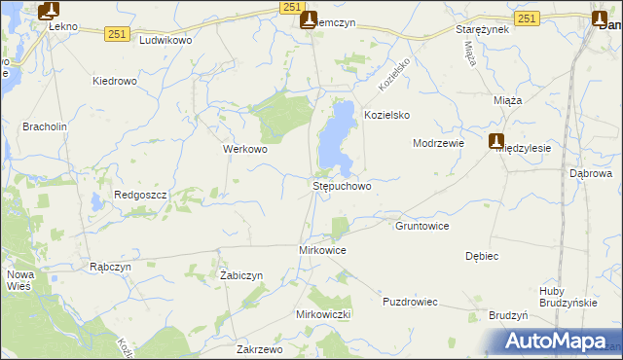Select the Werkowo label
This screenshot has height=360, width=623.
(x=244, y=150)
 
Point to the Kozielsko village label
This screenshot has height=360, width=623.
(x=386, y=115)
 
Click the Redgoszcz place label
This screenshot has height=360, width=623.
(x=141, y=195)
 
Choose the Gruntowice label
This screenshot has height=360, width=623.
(x=421, y=226)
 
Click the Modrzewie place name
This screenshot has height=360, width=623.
(x=438, y=142)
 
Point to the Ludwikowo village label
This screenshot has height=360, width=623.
(x=166, y=41)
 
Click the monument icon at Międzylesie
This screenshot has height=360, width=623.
(x=496, y=141)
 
